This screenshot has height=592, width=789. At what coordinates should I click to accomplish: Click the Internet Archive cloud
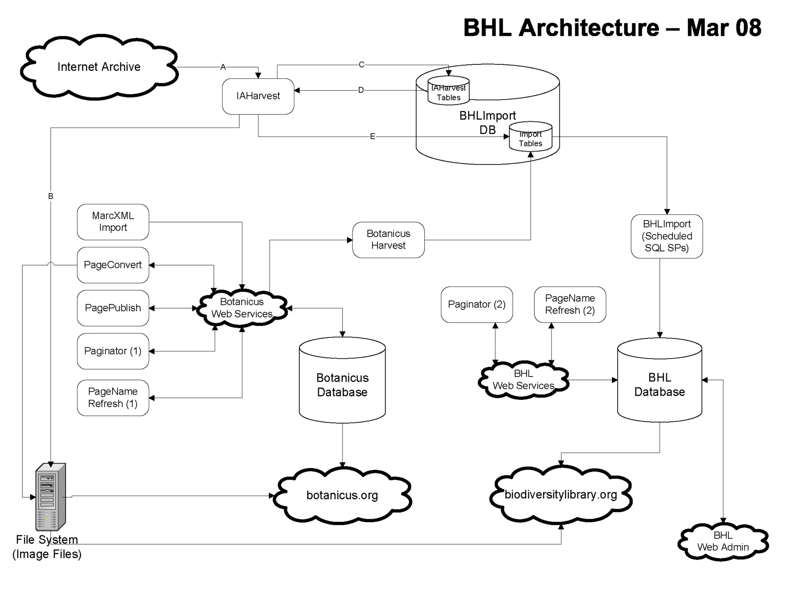click(x=99, y=67)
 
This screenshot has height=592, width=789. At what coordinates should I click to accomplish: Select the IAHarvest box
click(x=258, y=96)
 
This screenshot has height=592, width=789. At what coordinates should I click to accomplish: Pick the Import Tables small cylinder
click(x=530, y=138)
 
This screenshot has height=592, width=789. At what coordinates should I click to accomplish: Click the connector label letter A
click(x=223, y=67)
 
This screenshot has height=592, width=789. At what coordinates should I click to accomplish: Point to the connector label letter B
click(x=50, y=196)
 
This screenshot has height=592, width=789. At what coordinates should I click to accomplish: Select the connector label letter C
click(x=361, y=65)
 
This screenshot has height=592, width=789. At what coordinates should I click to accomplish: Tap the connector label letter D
click(x=361, y=90)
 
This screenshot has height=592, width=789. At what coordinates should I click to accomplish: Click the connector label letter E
click(x=372, y=136)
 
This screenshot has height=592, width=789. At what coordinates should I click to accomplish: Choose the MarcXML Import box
click(x=113, y=222)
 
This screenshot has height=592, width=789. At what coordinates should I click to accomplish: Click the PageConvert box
click(x=113, y=265)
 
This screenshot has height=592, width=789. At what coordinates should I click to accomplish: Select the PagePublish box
click(x=113, y=308)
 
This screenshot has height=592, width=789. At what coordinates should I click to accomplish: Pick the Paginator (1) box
click(x=113, y=351)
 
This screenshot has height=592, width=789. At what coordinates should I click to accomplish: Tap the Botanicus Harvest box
click(x=388, y=240)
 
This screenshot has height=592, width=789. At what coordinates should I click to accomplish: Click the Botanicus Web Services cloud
click(x=242, y=308)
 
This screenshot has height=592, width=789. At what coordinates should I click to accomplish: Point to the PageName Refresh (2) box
click(x=570, y=304)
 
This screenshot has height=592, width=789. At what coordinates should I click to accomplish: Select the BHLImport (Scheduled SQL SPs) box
click(x=666, y=236)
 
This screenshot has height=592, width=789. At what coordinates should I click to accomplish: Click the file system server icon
click(x=51, y=497)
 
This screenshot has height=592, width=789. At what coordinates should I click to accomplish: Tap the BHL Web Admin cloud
click(x=723, y=542)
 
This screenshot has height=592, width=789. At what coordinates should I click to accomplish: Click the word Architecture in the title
click(x=589, y=28)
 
